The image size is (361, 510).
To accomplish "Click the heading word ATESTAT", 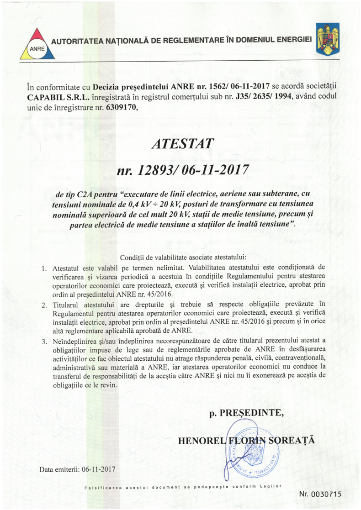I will click(x=182, y=143).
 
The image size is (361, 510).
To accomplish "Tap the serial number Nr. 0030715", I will click(x=320, y=494).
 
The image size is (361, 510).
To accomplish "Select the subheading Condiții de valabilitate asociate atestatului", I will click(x=183, y=257).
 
